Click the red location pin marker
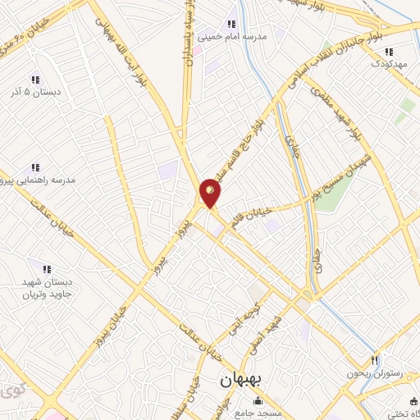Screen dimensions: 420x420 point(211,192)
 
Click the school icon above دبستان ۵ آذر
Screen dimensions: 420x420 point(35,80)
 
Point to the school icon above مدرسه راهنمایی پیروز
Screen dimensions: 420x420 point(35,167)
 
